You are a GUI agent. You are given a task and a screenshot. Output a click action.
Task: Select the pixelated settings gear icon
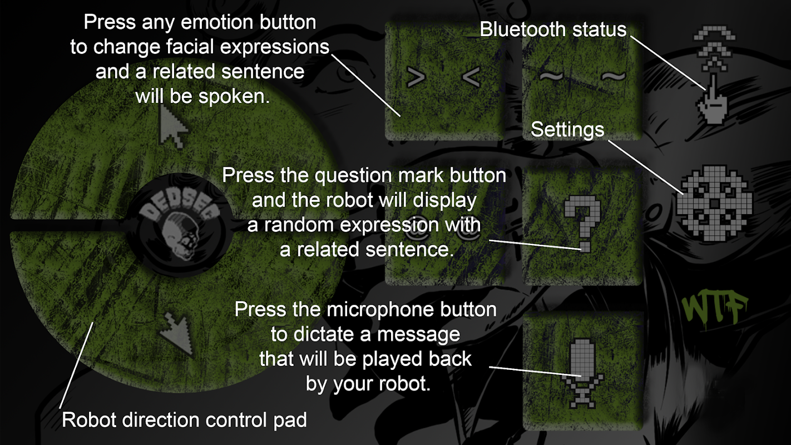714,203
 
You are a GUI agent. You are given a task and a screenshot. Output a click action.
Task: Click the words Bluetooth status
553,29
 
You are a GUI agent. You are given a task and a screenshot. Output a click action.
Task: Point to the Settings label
567,130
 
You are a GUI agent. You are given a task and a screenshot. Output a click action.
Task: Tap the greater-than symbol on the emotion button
416,77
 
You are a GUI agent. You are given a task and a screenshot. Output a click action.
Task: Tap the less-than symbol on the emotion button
471,77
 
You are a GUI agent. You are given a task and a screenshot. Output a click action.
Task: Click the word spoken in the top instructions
234,96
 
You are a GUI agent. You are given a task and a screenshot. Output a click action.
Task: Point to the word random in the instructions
300,225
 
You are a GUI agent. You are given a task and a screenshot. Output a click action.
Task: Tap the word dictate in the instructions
323,334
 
